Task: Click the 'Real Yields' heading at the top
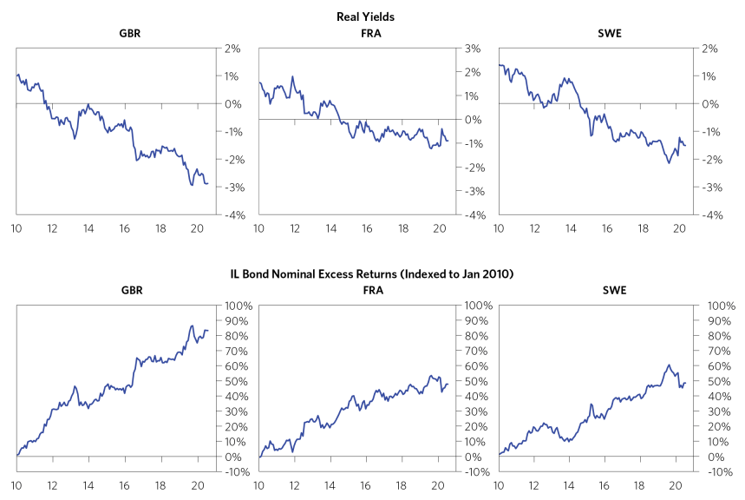click(x=371, y=16)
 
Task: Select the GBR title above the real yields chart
click(x=130, y=34)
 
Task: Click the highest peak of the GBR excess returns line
click(x=192, y=326)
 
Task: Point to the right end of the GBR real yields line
click(x=207, y=182)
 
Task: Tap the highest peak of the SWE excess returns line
click(x=669, y=365)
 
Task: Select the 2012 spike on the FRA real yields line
click(x=292, y=76)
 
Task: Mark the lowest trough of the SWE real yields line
click(x=669, y=162)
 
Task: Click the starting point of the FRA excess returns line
click(x=258, y=457)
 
